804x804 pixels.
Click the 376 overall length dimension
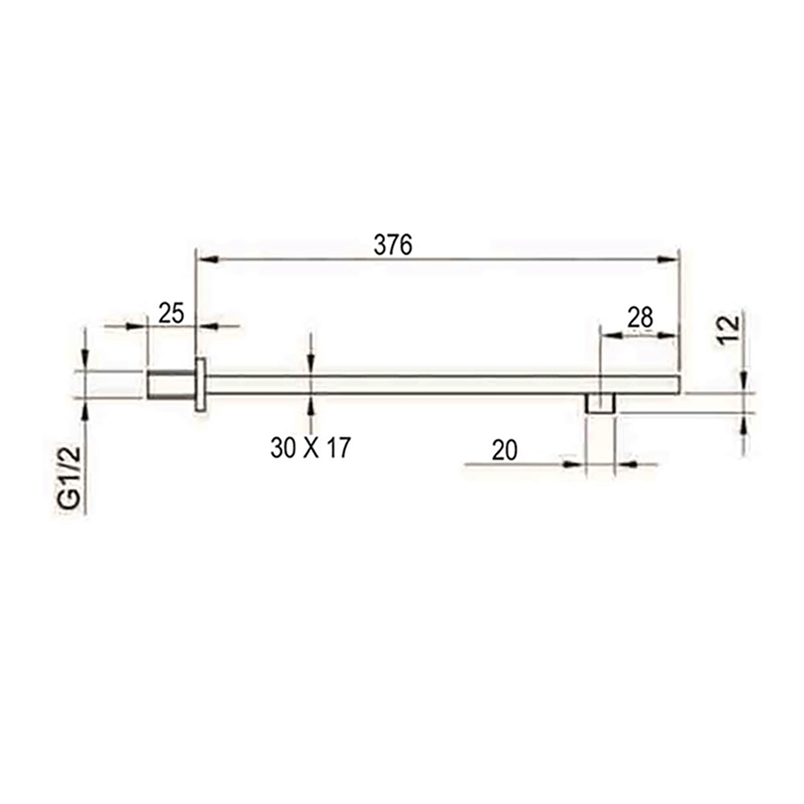click(x=393, y=245)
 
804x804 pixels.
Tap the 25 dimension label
click(x=171, y=312)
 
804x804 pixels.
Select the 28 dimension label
click(x=640, y=318)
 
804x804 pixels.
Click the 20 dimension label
click(x=505, y=450)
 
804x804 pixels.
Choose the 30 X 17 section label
click(x=311, y=449)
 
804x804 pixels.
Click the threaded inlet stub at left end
click(x=170, y=385)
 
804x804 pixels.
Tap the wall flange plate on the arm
click(x=200, y=385)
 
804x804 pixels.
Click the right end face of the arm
click(x=680, y=385)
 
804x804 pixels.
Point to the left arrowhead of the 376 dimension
click(x=207, y=259)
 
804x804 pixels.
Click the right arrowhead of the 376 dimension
click(x=668, y=259)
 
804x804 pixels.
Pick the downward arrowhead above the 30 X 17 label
click(x=311, y=365)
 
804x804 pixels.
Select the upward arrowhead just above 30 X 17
click(x=311, y=405)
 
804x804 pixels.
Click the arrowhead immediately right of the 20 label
click(x=575, y=464)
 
